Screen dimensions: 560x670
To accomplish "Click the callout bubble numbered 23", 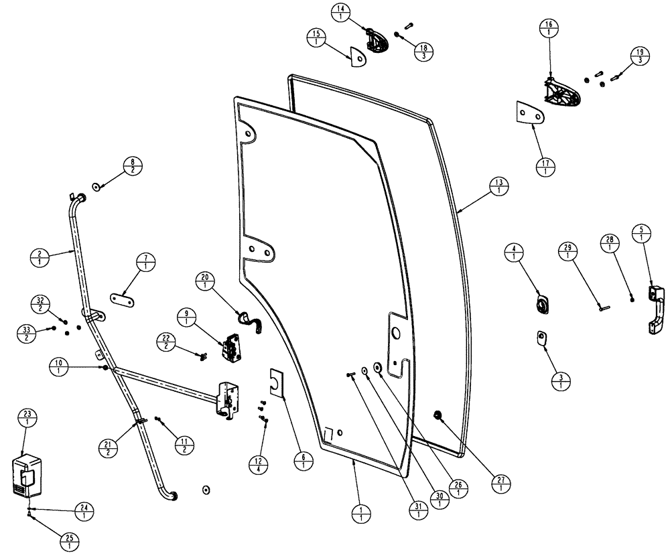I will click(x=27, y=417).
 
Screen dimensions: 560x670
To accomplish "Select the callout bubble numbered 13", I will click(x=498, y=186).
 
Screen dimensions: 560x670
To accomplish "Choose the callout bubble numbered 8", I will click(x=133, y=165).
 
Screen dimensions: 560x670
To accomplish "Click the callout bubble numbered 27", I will click(x=498, y=483).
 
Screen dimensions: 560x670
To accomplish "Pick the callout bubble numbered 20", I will click(x=205, y=281).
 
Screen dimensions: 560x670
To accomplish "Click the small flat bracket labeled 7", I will click(x=121, y=298).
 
